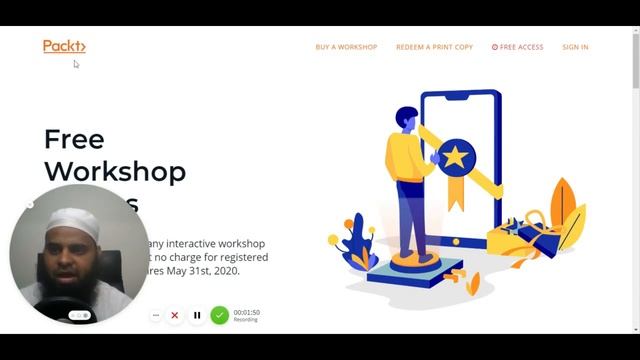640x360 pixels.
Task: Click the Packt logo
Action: [64, 46]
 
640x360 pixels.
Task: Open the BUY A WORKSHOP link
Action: [346, 47]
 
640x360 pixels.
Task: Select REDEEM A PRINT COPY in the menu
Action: [434, 47]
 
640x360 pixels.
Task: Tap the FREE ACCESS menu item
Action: [518, 47]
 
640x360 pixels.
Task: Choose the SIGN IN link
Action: [575, 47]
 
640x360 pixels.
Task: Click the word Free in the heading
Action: [74, 138]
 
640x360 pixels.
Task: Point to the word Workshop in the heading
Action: [115, 171]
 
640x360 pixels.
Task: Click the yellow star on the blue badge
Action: [455, 156]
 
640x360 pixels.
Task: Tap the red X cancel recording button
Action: [175, 315]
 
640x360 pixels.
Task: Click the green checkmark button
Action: [219, 315]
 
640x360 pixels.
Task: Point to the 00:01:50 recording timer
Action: [246, 312]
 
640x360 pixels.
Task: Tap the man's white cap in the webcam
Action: [74, 219]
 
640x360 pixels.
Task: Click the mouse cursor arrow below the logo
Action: [76, 64]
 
